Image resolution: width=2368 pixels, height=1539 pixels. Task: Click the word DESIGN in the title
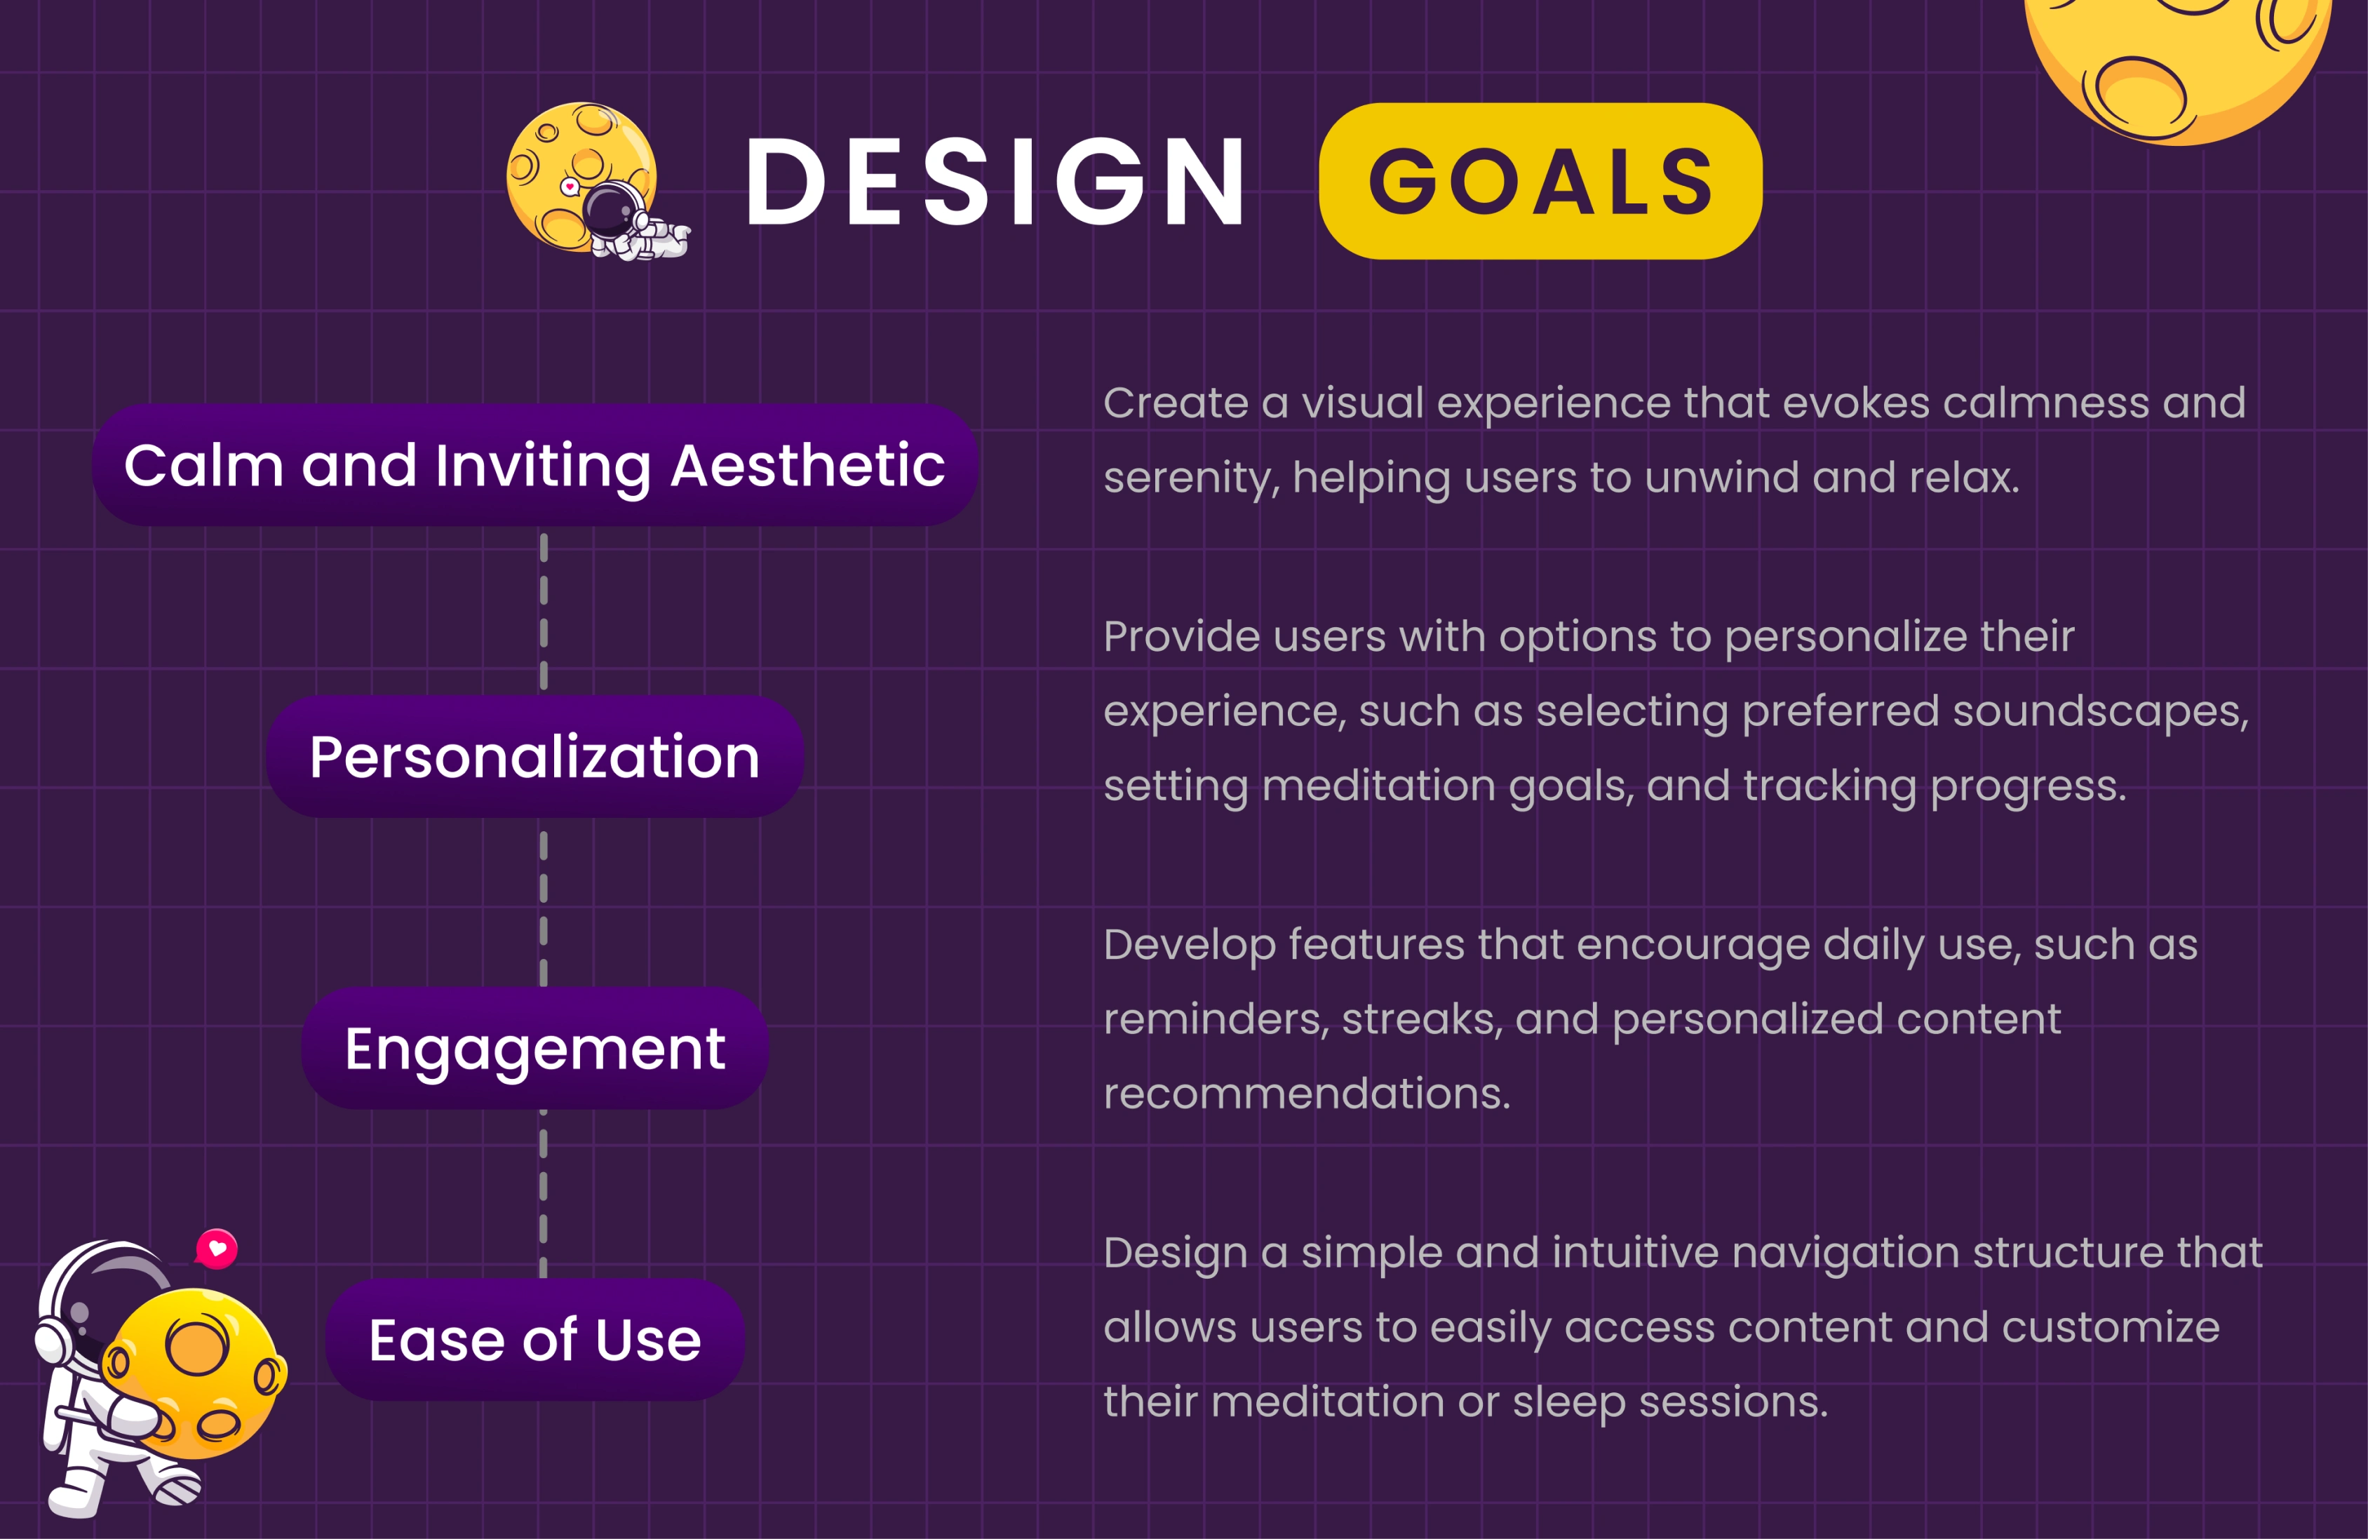pyautogui.click(x=995, y=181)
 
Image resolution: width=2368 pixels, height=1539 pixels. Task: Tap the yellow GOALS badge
pyautogui.click(x=1540, y=181)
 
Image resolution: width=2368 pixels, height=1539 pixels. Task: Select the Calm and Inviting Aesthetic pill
pyautogui.click(x=534, y=464)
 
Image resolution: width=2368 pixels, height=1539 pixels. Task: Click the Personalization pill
pyautogui.click(x=534, y=756)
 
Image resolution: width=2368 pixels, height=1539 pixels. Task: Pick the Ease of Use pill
pyautogui.click(x=534, y=1339)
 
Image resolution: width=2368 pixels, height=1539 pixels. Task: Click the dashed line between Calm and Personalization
pyautogui.click(x=543, y=611)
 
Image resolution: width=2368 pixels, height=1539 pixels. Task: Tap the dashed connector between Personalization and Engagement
pyautogui.click(x=543, y=908)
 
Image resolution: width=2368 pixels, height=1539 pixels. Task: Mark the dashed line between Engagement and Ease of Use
pyautogui.click(x=543, y=1194)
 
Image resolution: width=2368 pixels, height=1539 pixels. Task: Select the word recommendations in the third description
pyautogui.click(x=1305, y=1094)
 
